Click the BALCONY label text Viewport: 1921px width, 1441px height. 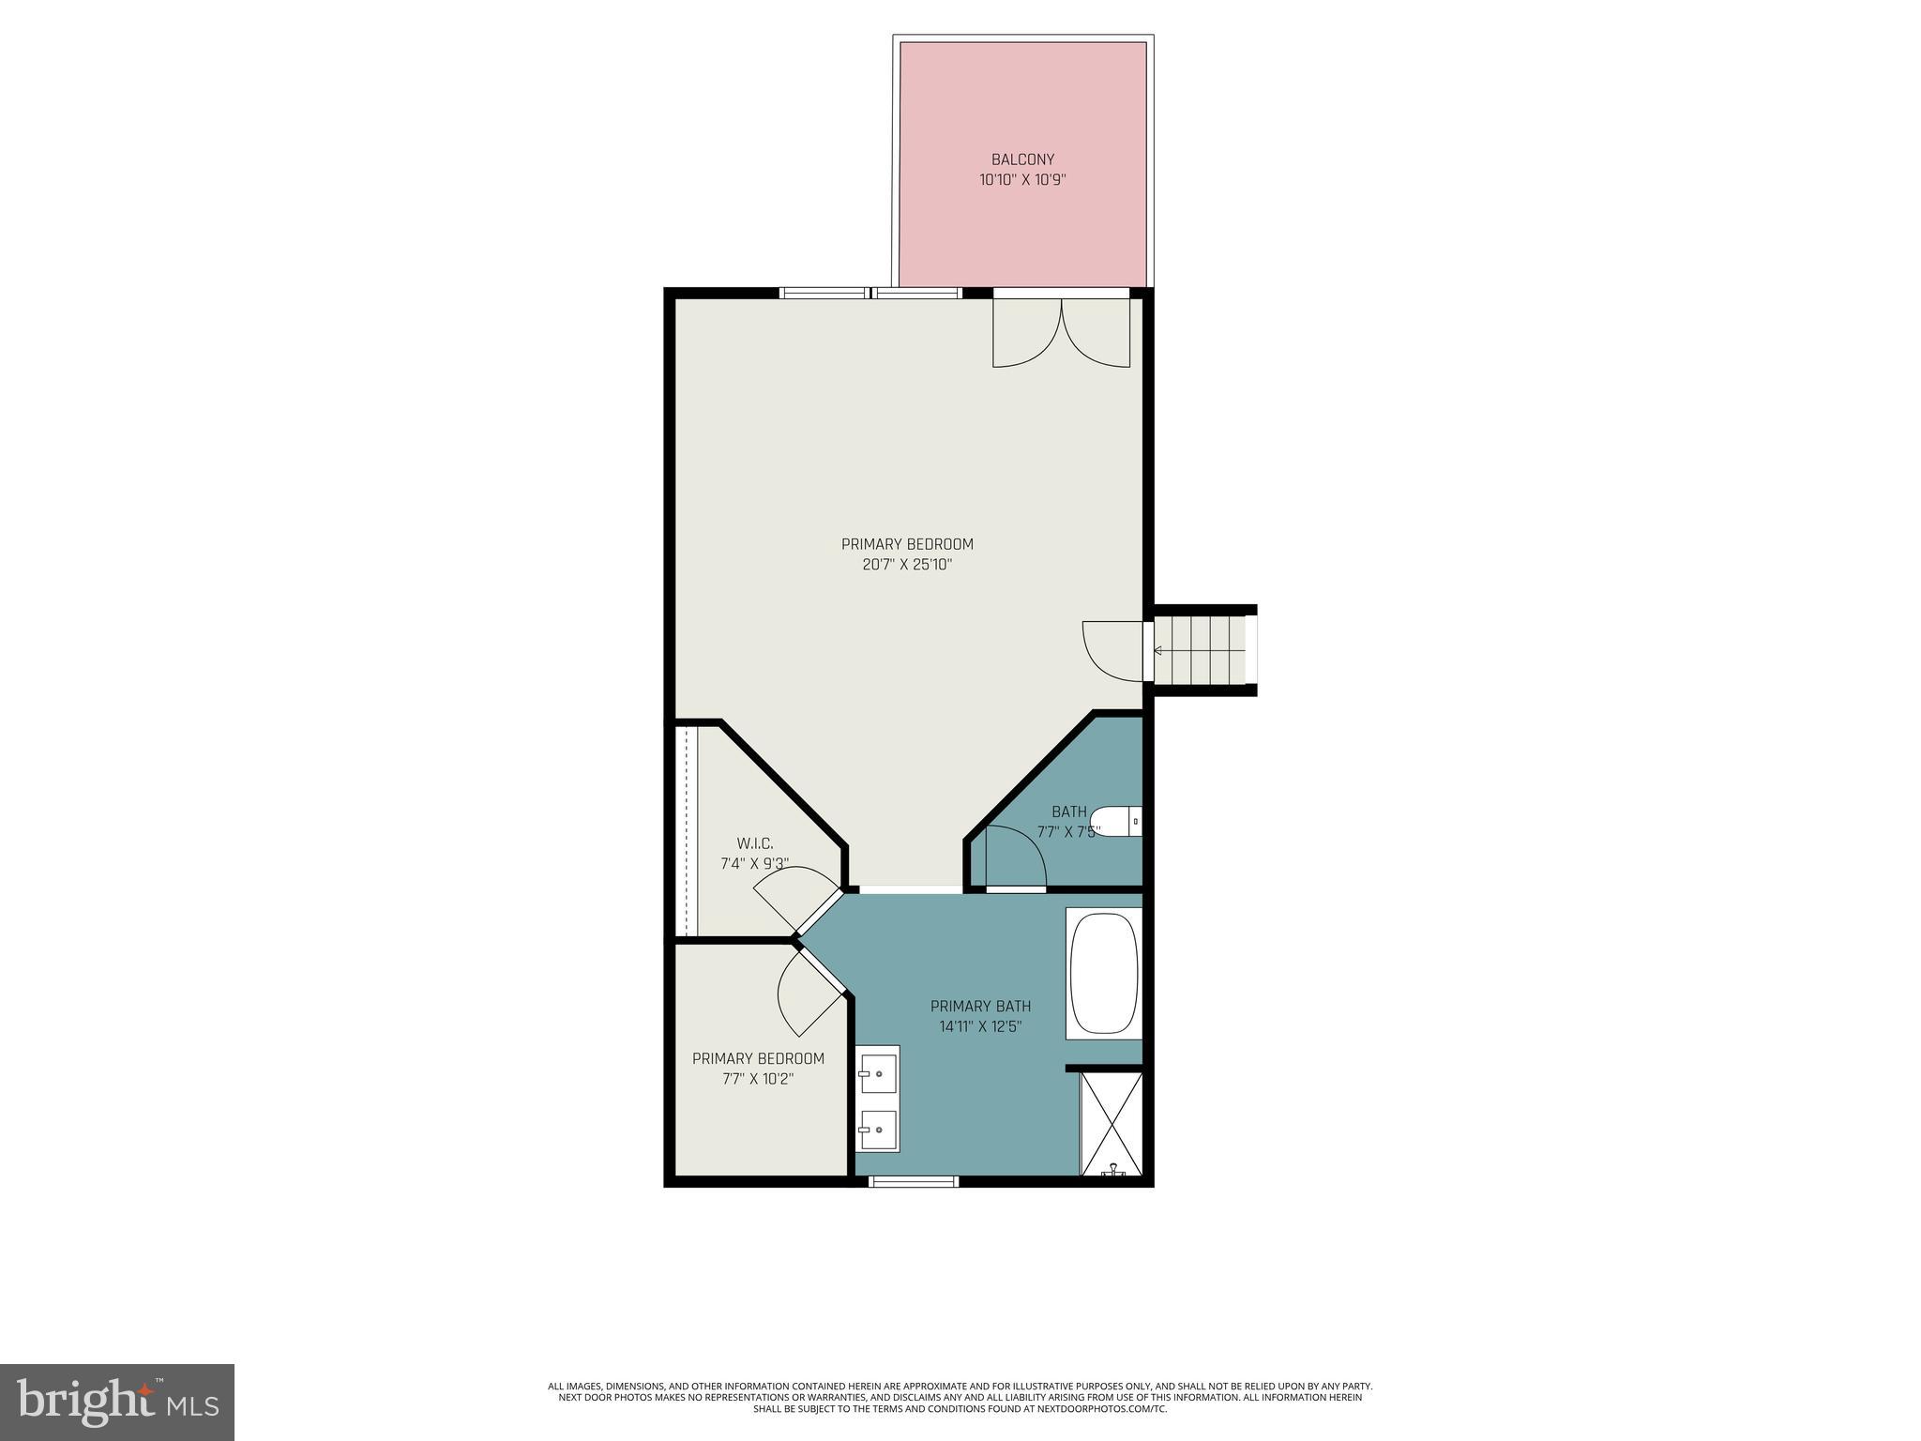coord(1022,159)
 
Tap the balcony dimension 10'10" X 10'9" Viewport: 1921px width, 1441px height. coord(1022,180)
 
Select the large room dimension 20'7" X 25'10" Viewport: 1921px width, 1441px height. coord(906,565)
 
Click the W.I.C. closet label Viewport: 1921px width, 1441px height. coord(754,844)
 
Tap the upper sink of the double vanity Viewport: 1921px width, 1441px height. coord(877,1070)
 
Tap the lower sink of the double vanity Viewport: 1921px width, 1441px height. coord(877,1129)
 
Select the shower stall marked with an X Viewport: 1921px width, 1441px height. coord(1112,1124)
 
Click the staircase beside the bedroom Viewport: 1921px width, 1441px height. coord(1203,650)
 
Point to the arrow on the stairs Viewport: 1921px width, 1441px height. coord(1158,650)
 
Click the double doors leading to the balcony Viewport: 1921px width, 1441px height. coord(1061,333)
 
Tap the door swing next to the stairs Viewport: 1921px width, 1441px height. coord(1112,650)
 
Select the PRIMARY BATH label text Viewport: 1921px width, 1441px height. coord(980,1007)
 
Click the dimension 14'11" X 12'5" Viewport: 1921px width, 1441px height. coord(980,1027)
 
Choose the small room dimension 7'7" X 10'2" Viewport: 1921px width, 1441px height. coord(758,1079)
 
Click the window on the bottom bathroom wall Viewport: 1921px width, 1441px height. coord(914,1182)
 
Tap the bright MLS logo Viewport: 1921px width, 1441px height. coord(117,1402)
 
